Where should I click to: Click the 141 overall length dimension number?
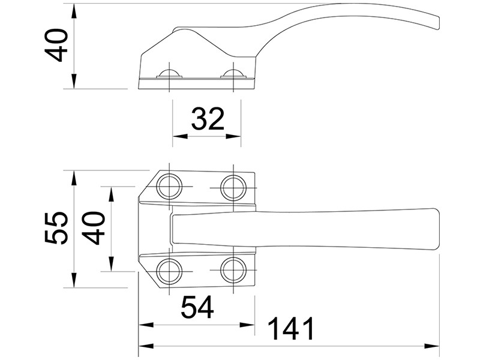point(291,328)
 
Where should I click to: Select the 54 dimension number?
point(197,307)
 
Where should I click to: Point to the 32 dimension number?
point(208,118)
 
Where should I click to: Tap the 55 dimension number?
point(56,228)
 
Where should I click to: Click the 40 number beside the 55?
point(94,228)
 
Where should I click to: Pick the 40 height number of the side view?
point(56,46)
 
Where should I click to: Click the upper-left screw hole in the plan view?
point(169,187)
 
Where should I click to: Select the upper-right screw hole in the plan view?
point(233,187)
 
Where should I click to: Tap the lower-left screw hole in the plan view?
point(169,271)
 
